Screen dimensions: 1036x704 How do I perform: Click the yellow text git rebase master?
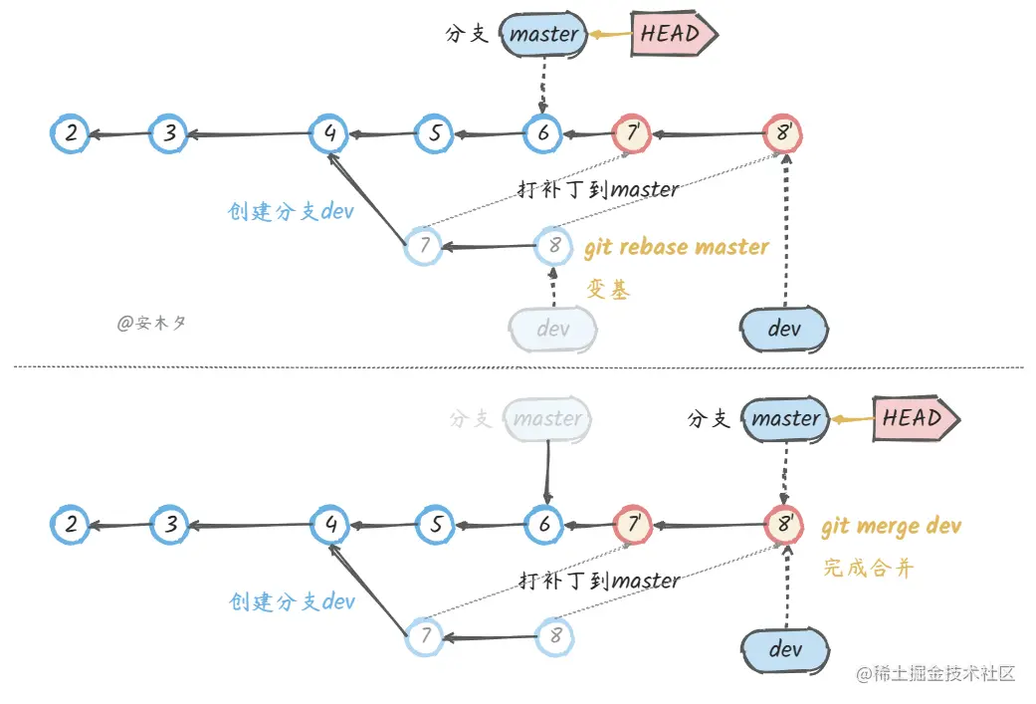coord(677,247)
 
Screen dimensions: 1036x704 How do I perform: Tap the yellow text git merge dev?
coord(892,526)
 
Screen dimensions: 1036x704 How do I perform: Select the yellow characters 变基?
coord(608,289)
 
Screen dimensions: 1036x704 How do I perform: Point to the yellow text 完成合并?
coord(869,568)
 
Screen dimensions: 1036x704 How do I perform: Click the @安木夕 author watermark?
coord(151,323)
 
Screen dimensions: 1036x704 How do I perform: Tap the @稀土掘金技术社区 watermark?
coord(935,673)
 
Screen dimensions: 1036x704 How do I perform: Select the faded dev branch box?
coord(553,329)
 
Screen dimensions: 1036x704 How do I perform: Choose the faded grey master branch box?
coord(547,418)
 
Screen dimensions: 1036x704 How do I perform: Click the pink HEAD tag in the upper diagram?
coord(674,33)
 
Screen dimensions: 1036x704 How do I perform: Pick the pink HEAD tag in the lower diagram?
coord(917,418)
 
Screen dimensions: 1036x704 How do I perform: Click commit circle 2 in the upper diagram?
coord(70,133)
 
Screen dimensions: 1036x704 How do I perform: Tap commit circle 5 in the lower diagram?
coord(436,525)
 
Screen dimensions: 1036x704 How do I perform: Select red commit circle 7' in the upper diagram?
coord(632,133)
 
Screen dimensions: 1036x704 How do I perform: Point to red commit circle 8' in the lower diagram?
coord(783,525)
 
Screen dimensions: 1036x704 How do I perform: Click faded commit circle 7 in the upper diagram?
coord(424,246)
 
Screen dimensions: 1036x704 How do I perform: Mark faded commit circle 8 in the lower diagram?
coord(555,636)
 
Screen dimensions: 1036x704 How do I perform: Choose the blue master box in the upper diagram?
coord(543,34)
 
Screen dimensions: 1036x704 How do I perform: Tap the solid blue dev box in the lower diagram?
coord(785,650)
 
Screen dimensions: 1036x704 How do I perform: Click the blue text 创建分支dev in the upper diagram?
coord(291,211)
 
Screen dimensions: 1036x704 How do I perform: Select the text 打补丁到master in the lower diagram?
coord(599,582)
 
